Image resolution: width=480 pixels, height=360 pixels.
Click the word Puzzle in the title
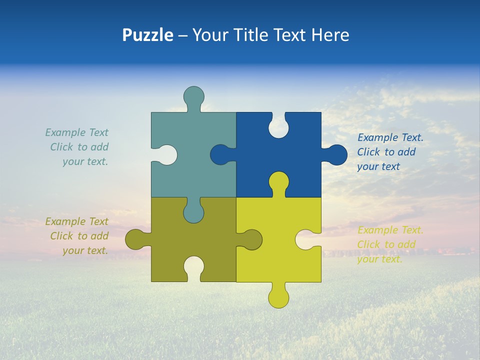[147, 35]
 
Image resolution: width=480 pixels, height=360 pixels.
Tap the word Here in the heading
[330, 35]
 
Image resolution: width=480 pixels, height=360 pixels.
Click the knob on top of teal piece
[193, 96]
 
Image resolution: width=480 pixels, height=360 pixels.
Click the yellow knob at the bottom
[278, 297]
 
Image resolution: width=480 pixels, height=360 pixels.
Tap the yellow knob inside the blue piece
[278, 182]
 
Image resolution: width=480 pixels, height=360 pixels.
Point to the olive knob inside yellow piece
[251, 239]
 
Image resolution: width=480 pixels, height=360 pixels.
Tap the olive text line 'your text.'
[85, 250]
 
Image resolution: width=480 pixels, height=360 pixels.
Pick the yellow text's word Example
[378, 230]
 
